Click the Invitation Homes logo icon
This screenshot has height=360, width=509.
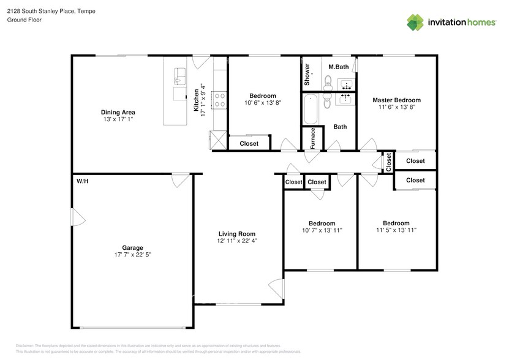[417, 22]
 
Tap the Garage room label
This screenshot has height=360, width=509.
[132, 247]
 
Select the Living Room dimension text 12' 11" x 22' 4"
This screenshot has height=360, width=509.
[237, 241]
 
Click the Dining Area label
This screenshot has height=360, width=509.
[118, 112]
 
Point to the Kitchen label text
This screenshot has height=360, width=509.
[197, 100]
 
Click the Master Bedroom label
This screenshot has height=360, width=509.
[396, 100]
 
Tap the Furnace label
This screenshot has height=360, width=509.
[313, 138]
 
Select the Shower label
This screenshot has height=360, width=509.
[307, 74]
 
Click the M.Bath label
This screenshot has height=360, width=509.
[339, 66]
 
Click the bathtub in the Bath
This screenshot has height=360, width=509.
[311, 109]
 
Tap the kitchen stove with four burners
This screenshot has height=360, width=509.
[219, 100]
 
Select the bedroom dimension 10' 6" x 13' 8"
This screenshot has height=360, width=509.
[262, 103]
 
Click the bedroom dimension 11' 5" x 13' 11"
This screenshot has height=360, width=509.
[396, 231]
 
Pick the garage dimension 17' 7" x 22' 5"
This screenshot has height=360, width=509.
[132, 255]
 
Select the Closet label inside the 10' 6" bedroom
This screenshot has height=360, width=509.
[249, 144]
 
